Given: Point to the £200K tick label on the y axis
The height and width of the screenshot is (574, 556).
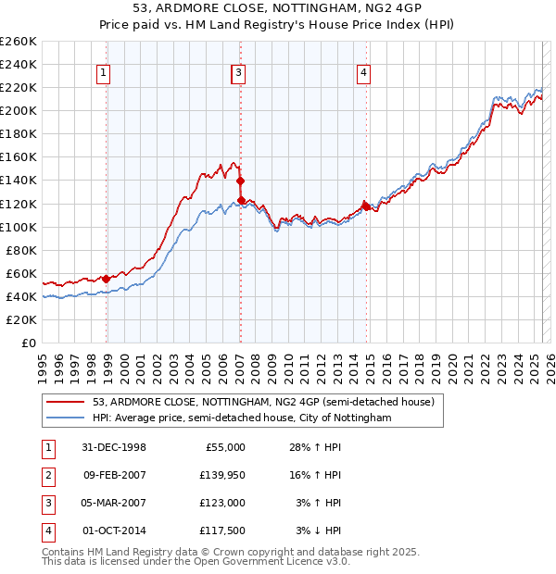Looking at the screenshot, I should tap(19, 110).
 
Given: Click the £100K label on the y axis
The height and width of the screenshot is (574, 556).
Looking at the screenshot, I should tap(19, 227).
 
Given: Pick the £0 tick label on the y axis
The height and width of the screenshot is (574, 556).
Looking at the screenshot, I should tap(29, 343).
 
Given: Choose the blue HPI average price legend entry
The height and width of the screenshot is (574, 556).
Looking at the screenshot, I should tap(242, 418).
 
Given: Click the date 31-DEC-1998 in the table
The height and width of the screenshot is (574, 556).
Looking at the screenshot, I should tap(114, 447).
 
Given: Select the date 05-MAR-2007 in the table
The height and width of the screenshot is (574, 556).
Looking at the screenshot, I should tap(114, 503).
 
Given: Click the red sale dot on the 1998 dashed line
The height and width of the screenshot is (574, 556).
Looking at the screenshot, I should tap(107, 278).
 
